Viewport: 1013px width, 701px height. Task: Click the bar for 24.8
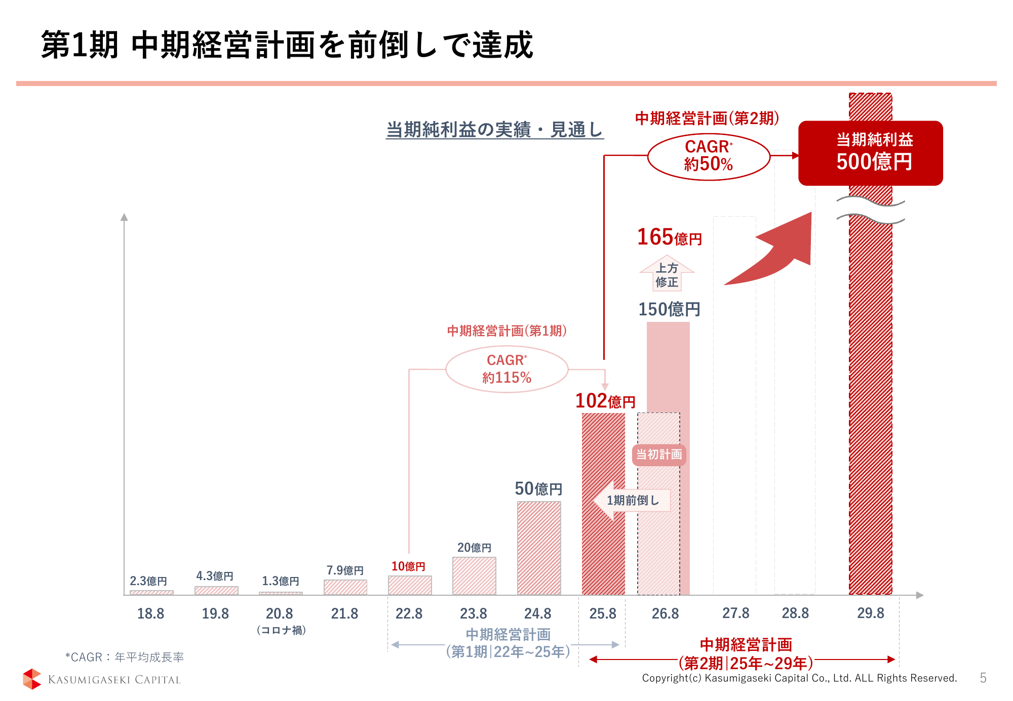point(539,548)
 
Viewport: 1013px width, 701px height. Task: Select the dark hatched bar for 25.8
point(603,504)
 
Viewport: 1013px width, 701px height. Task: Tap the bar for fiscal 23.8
point(474,575)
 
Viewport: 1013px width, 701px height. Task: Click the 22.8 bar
point(410,585)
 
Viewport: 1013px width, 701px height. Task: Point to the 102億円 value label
point(605,401)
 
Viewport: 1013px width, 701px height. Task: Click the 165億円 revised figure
point(669,237)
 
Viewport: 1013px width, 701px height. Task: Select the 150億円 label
point(669,309)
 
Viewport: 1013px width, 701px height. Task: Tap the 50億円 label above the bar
point(538,488)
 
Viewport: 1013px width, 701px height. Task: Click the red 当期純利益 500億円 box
point(870,153)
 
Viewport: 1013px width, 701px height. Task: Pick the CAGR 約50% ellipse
point(709,156)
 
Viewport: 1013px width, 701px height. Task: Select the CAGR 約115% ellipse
point(506,369)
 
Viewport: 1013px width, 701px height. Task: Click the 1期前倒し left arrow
point(632,500)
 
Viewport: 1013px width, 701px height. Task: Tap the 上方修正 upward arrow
point(667,274)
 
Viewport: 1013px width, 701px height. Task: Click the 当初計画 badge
point(658,455)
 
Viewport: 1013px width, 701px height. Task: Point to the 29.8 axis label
point(870,613)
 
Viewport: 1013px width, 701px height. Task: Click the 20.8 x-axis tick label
point(279,613)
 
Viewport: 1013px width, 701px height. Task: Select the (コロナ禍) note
point(281,630)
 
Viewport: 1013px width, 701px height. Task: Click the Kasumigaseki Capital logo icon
point(32,679)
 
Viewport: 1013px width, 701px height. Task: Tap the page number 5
point(983,678)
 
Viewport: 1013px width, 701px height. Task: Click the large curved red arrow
point(775,253)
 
